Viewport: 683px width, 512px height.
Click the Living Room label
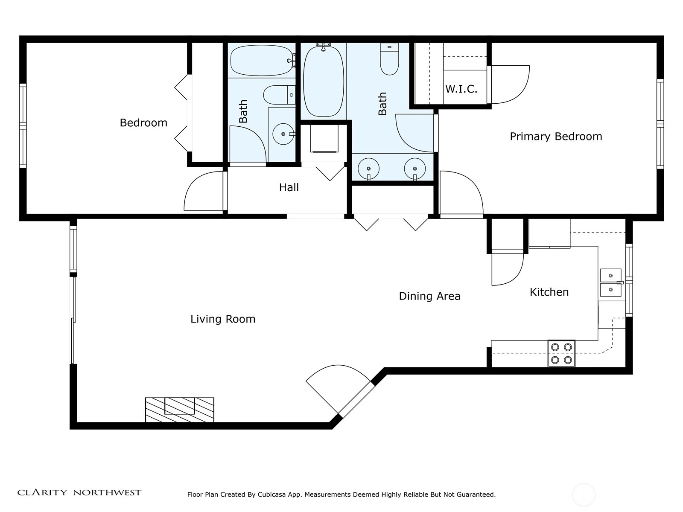(223, 319)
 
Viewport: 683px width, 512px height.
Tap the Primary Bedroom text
(556, 137)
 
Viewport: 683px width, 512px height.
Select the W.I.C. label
(461, 89)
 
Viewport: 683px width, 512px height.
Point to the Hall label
(289, 187)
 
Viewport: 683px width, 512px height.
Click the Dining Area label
(429, 296)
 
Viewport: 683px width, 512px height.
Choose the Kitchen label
(549, 292)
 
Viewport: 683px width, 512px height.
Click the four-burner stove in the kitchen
(561, 353)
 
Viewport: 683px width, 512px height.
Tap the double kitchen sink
(610, 283)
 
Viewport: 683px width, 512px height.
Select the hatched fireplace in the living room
(180, 410)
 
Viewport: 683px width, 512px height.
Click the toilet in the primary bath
(389, 59)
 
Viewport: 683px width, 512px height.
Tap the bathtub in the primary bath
(324, 81)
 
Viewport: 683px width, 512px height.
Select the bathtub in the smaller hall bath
(262, 61)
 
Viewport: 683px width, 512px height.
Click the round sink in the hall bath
(283, 134)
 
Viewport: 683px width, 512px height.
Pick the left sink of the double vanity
(368, 169)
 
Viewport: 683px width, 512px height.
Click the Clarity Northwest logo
(79, 492)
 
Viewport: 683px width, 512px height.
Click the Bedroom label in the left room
(143, 123)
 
